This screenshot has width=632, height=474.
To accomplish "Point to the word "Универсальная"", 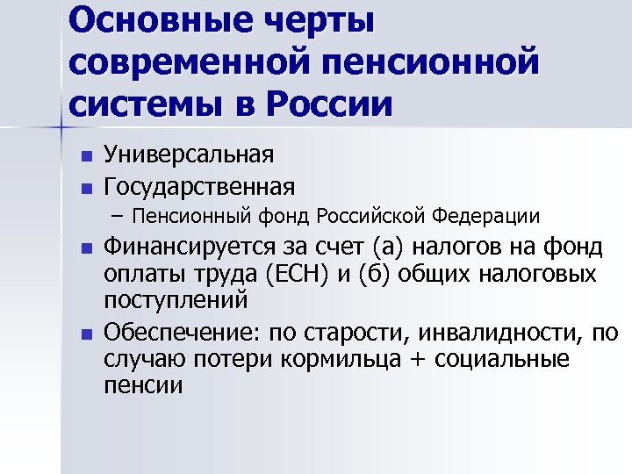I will (189, 156).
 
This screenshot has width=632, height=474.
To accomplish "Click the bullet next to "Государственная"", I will (85, 188).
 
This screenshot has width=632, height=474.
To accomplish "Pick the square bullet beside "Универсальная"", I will (85, 157).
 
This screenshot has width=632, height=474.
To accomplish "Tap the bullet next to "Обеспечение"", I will (85, 334).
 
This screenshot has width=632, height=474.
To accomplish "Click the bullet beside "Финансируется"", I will (85, 248).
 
